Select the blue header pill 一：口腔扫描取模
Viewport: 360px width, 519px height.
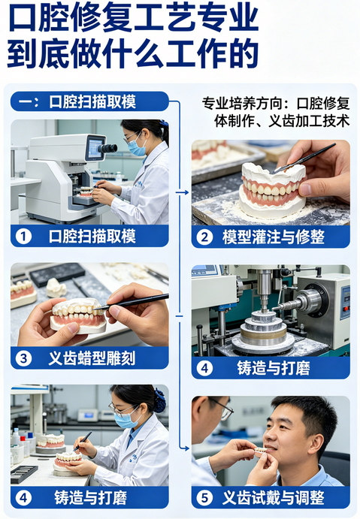coord(90,101)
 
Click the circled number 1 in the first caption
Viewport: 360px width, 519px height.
coord(23,237)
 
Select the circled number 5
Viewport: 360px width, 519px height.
coord(205,497)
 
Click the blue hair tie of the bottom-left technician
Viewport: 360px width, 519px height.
coord(159,401)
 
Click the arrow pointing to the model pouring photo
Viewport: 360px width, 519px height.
coord(183,192)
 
